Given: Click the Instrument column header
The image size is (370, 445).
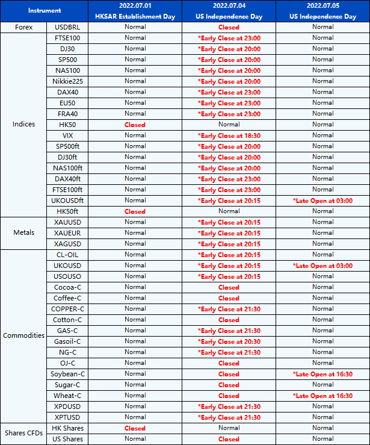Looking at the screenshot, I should coord(44,11).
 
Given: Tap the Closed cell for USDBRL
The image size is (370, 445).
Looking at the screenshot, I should coord(229,27).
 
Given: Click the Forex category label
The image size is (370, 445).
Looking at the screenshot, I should coord(23,27).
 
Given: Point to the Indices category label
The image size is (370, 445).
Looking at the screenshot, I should coord(23,125).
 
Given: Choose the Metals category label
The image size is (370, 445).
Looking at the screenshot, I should coord(23,233).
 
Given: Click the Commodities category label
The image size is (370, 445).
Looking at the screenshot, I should coord(23,335).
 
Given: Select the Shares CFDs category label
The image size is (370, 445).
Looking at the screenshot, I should coord(23,434).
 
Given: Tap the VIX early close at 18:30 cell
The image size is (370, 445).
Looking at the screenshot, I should coord(229,135).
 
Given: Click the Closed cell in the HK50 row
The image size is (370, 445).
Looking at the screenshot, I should coord(135,125).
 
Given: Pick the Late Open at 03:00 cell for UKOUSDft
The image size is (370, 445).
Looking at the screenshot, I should coord(322,201).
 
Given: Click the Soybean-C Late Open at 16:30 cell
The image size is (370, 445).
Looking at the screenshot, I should coord(322,374).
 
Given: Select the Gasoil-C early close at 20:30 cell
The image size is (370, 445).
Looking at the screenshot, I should coord(229,341).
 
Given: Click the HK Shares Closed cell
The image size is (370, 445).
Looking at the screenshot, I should coord(135,428).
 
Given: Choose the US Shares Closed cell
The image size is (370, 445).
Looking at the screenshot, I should coord(229,439).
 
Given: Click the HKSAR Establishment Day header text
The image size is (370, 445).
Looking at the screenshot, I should coord(135,17).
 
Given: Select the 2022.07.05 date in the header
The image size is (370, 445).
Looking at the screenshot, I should coord(322,6).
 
